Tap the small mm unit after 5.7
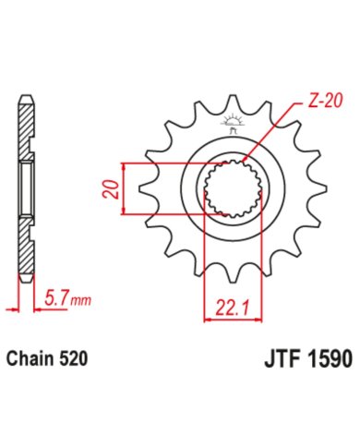[80, 300]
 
